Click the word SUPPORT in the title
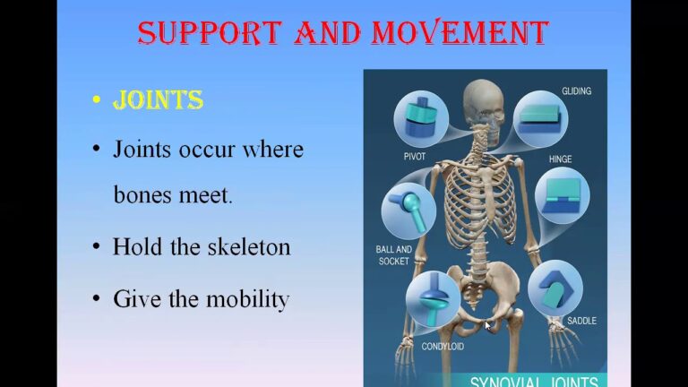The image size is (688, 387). pos(210,32)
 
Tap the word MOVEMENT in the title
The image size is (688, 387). pos(460,32)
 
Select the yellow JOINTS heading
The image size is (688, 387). pos(158,100)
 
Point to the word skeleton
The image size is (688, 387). pos(249,246)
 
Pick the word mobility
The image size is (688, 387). pos(247,300)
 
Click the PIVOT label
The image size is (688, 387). pos(415,156)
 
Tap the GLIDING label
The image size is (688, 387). pos(577,90)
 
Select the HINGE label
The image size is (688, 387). pos(560,159)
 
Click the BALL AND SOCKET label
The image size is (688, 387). pos(393,255)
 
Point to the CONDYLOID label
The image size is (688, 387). pos(443,346)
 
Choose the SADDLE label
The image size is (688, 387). pos(581,321)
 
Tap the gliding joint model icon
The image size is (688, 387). pos(540,119)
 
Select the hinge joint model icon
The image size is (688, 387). pos(562,196)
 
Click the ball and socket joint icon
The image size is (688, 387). pos(408,211)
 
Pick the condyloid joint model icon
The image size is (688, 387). pos(433,299)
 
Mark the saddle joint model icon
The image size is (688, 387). pos(555,288)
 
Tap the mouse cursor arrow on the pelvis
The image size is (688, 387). pos(487,325)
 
